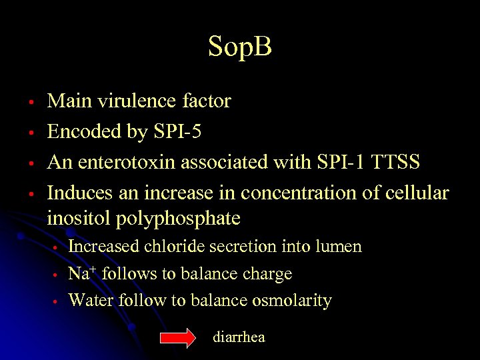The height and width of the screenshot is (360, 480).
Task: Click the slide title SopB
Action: click(239, 47)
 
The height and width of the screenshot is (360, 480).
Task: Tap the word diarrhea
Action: click(239, 337)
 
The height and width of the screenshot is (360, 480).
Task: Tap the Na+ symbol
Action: click(80, 273)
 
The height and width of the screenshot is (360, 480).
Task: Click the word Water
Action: click(91, 301)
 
